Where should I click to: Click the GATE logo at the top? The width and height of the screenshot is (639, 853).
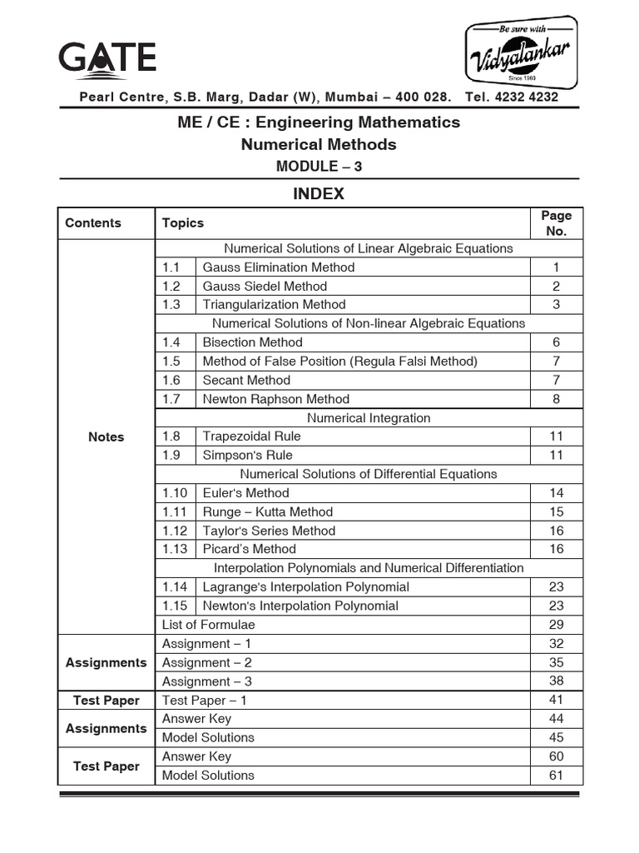click(x=106, y=58)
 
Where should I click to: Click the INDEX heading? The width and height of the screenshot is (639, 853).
click(x=318, y=194)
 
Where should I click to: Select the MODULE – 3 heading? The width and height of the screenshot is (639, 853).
click(x=319, y=166)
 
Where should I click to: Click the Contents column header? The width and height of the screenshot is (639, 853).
click(x=93, y=222)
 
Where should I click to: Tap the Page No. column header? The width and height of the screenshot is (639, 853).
click(x=556, y=222)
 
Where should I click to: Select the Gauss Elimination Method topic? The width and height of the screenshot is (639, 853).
click(x=279, y=267)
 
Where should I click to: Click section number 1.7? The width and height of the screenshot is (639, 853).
click(x=171, y=399)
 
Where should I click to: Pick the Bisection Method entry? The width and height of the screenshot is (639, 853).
click(x=253, y=342)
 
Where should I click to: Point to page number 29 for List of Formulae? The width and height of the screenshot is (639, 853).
click(x=556, y=625)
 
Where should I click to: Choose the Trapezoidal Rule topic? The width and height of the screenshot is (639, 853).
click(x=252, y=436)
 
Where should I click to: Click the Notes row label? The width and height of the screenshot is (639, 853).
click(x=106, y=437)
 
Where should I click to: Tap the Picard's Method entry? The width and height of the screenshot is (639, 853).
click(x=250, y=549)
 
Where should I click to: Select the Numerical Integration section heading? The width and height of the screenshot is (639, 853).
click(x=369, y=417)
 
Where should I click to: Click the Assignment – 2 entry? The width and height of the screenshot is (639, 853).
click(x=207, y=662)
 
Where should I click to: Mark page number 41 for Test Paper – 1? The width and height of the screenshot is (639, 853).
click(x=556, y=701)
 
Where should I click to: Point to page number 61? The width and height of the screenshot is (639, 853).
click(x=556, y=776)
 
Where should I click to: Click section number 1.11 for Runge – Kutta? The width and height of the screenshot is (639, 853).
click(x=175, y=511)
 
